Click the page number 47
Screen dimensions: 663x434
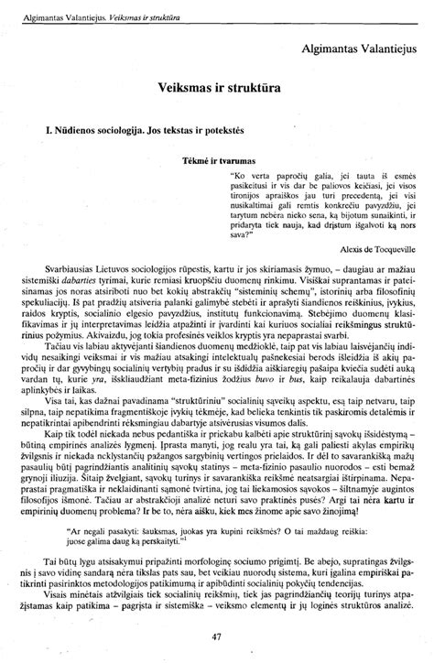click(217, 637)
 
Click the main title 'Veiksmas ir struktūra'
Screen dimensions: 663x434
click(217, 90)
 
